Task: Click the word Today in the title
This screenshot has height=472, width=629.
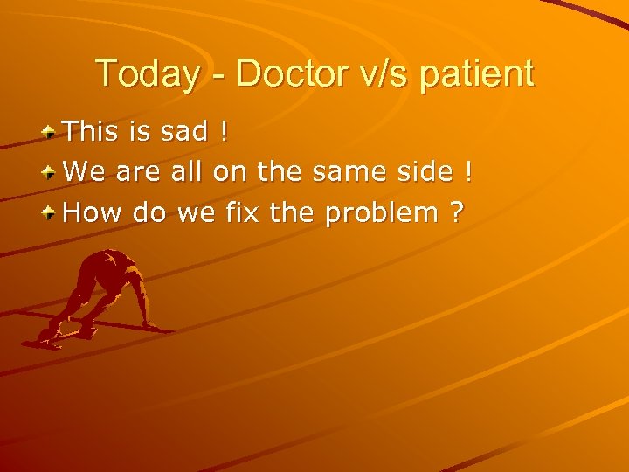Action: pyautogui.click(x=148, y=74)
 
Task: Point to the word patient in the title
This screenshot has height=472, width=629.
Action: pyautogui.click(x=477, y=74)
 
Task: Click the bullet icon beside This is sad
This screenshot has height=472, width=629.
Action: pyautogui.click(x=52, y=132)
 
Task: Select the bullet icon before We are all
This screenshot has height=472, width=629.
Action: pyautogui.click(x=52, y=172)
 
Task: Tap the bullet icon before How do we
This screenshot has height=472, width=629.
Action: pyautogui.click(x=52, y=212)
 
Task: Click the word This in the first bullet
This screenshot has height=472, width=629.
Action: pyautogui.click(x=94, y=132)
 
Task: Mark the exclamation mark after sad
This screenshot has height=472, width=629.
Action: pyautogui.click(x=225, y=132)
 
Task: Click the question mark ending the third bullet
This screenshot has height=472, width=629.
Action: pyautogui.click(x=457, y=212)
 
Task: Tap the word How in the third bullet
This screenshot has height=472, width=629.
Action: pyautogui.click(x=94, y=212)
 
